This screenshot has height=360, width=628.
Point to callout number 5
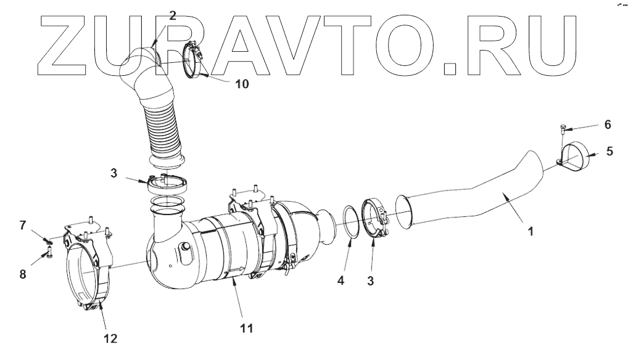[610, 151]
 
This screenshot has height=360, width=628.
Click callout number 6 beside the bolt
[608, 125]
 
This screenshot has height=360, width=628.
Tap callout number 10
[242, 84]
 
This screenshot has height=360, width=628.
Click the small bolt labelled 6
[563, 129]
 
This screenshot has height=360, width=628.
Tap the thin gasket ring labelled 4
[350, 222]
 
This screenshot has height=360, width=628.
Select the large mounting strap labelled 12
[86, 277]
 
